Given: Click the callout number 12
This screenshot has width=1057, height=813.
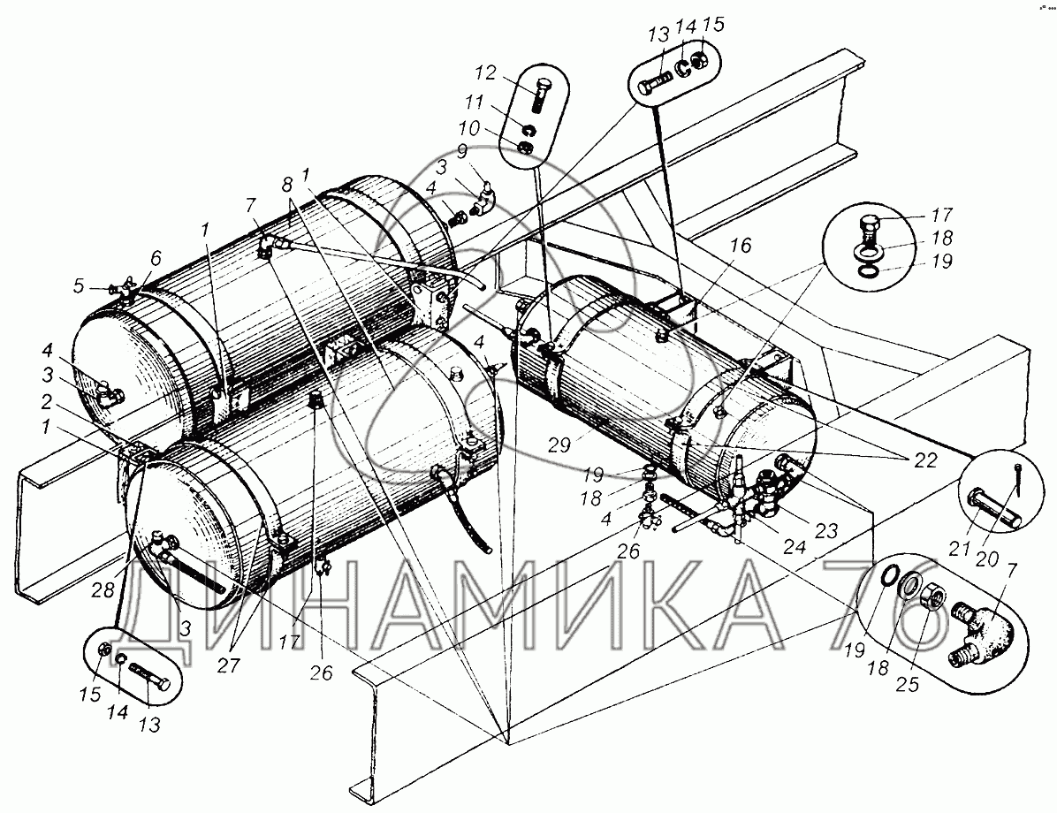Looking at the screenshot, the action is [486, 72].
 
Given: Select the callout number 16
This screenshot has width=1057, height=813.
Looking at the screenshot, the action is [740, 246].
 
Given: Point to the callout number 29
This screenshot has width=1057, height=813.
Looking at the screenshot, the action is [559, 444].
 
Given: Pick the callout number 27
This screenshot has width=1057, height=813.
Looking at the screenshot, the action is [228, 665].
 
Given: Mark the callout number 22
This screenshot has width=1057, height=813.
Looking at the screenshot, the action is [925, 460].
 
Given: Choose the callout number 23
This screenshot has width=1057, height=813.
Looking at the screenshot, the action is [825, 530].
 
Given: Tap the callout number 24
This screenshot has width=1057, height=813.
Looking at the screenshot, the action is [795, 546].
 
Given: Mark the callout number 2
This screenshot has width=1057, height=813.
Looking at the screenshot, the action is [46, 402].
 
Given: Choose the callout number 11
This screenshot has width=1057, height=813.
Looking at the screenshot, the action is [475, 103].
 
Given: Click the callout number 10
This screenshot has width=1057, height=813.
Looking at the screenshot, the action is [470, 128].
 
